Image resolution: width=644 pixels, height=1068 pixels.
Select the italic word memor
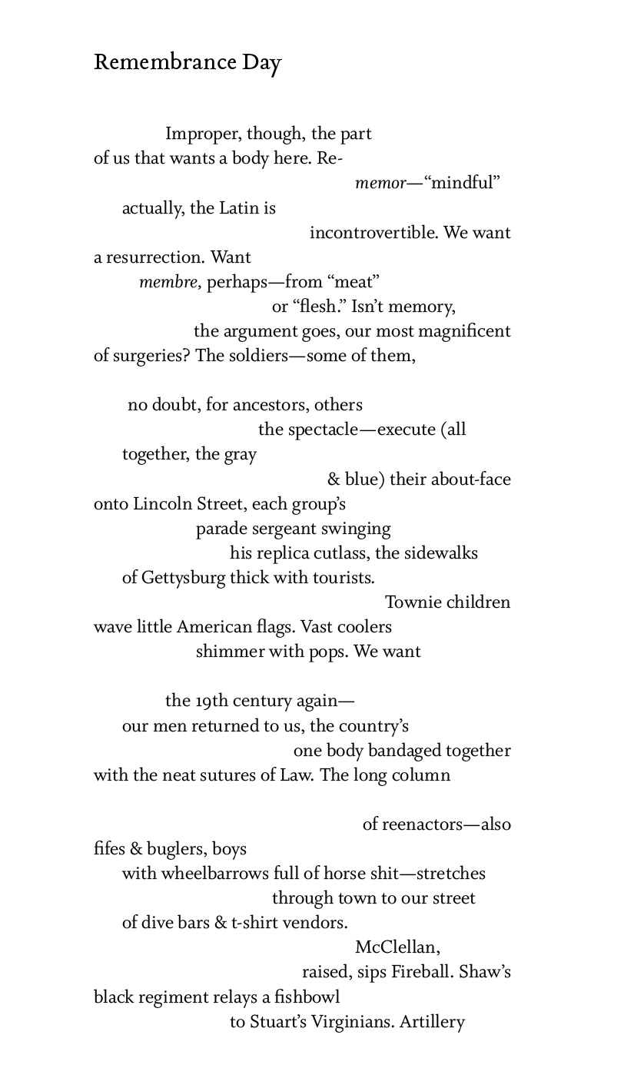380,184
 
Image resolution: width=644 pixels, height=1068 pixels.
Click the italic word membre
169,282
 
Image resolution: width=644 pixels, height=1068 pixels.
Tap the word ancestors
271,405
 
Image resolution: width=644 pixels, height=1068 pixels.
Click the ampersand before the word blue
334,479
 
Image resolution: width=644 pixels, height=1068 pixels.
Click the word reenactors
422,824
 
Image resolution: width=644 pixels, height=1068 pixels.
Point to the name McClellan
397,947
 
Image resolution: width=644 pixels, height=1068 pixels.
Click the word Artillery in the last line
432,1022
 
